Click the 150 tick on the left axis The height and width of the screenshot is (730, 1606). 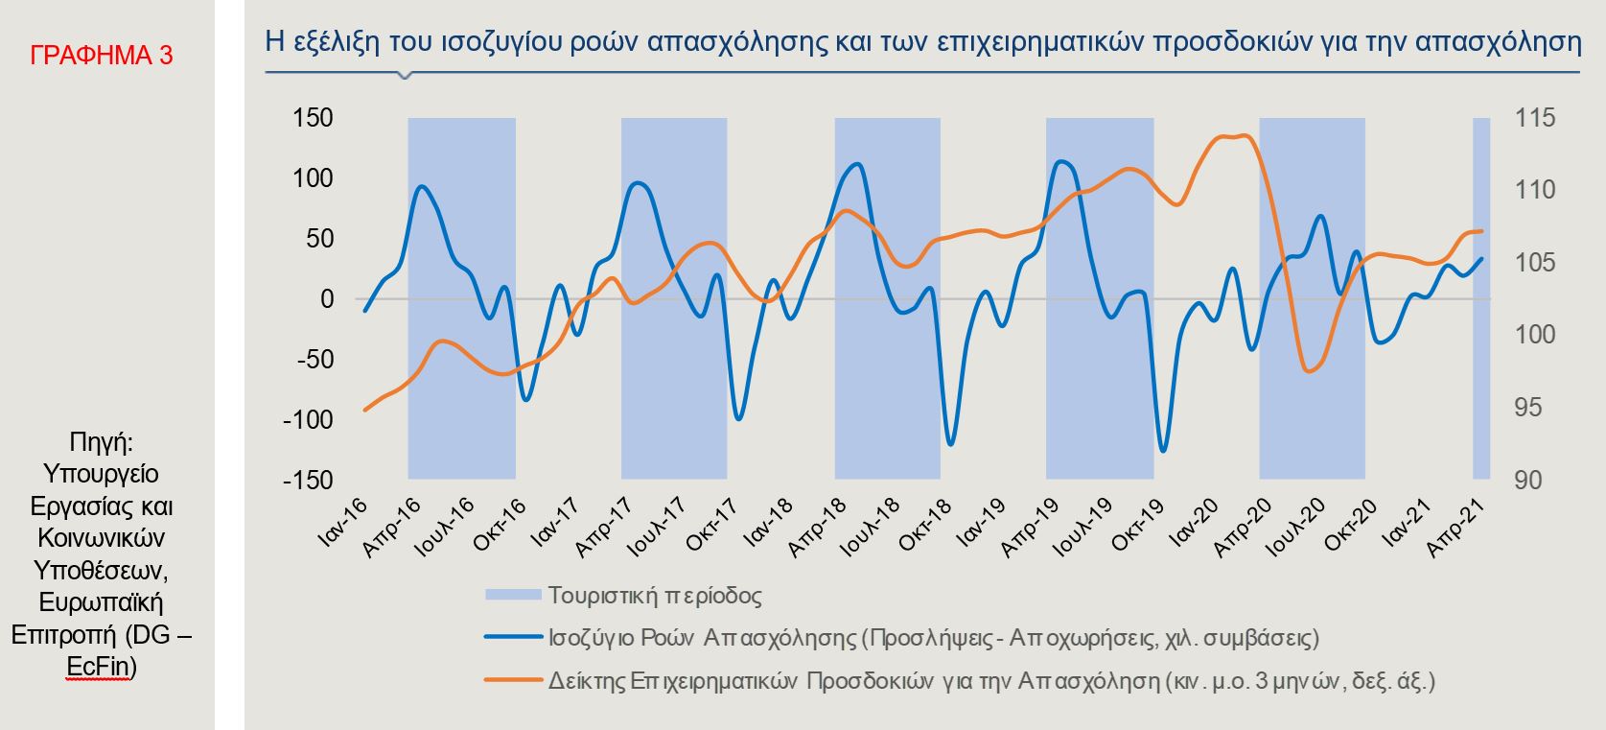click(313, 118)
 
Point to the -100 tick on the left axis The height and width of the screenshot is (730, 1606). click(308, 420)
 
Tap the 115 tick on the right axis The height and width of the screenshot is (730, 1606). click(1535, 118)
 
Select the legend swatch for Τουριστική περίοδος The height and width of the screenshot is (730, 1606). click(512, 596)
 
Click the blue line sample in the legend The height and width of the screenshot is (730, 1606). click(512, 637)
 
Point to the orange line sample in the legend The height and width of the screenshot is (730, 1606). click(512, 680)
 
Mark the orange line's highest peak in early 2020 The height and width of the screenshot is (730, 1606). click(1243, 135)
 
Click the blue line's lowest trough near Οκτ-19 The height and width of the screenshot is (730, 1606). click(1164, 450)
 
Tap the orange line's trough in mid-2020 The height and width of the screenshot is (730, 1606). click(1311, 370)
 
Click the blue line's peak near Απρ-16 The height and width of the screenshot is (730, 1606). click(423, 186)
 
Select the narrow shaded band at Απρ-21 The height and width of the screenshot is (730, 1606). click(1480, 297)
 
